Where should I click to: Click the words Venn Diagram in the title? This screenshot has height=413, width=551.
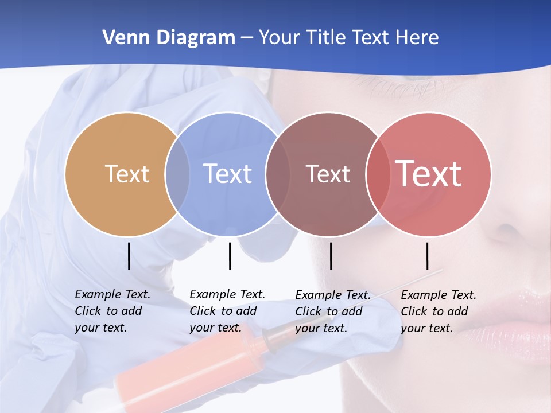coord(169,38)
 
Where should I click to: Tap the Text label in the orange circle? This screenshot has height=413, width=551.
coord(127,174)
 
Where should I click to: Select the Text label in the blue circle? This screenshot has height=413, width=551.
coord(227,174)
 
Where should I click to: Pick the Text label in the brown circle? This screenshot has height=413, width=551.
coord(328,174)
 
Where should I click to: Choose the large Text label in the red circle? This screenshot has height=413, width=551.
coord(429,174)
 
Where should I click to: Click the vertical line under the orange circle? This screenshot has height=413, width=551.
coord(129,256)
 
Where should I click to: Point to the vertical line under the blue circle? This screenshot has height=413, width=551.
coord(230,256)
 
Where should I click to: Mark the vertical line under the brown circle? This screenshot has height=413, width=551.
coord(331,256)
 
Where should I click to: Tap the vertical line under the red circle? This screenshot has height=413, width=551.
coord(428,256)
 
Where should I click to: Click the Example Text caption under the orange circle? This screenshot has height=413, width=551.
coord(112,311)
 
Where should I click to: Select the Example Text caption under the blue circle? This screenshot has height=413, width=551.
coord(227,311)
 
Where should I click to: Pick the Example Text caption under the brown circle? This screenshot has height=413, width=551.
coord(333,311)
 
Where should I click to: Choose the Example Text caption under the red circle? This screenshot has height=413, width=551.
coord(439,311)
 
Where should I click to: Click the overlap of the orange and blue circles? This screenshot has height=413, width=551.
coord(177,174)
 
